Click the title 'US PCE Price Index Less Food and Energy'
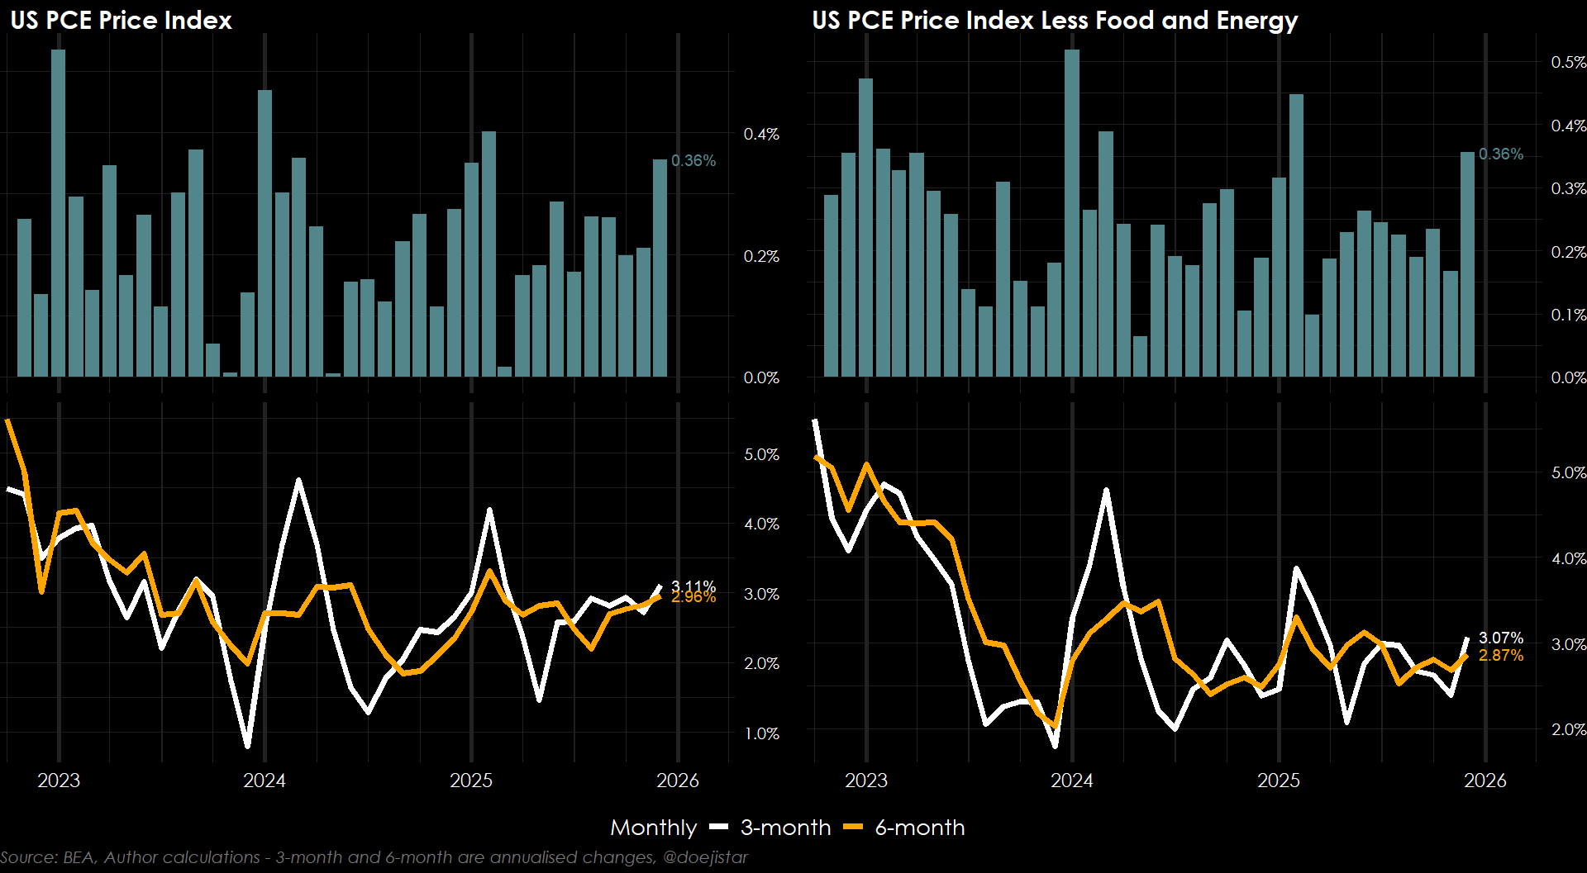pos(1055,20)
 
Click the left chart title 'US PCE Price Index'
pos(121,20)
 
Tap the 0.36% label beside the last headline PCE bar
pos(693,160)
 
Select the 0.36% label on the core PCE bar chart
pos(1500,154)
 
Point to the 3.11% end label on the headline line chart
pos(693,586)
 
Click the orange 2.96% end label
pos(693,597)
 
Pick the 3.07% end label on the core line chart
pos(1500,638)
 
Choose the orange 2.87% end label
pos(1500,655)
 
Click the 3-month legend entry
pos(785,828)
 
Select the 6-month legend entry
pos(919,828)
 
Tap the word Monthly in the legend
pos(653,828)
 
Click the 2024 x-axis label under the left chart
pos(264,780)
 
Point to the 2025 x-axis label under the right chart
pos(1279,780)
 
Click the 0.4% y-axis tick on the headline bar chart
pos(761,134)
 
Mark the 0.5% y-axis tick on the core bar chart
pos(1568,62)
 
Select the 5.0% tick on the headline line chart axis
pos(761,454)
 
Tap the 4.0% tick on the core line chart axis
pos(1568,558)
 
